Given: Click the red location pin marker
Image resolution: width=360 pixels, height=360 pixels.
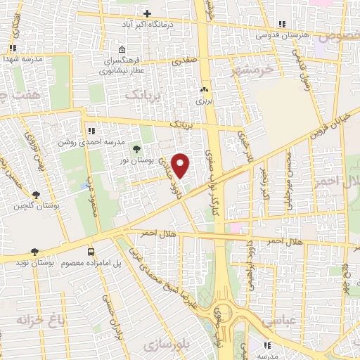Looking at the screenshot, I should coord(181,166).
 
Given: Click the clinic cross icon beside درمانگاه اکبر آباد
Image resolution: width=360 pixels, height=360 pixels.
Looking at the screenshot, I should coord(147,14).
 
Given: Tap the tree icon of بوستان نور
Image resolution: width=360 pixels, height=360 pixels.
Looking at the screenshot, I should coord(136,148).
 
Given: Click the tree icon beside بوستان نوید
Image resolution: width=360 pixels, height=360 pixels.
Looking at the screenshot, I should coord(34,251).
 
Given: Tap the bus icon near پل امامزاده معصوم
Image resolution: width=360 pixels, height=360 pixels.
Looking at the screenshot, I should coord(91,251).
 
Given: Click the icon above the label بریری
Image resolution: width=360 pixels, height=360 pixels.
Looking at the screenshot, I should coord(205,90).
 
